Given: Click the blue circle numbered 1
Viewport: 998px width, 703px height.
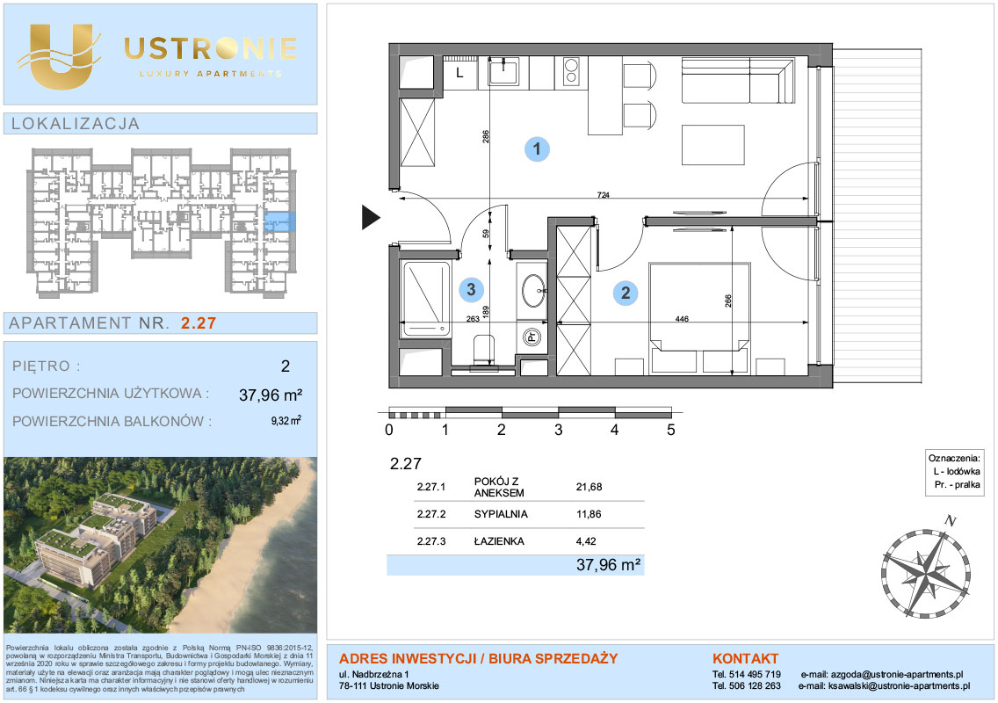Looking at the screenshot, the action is tap(537, 149).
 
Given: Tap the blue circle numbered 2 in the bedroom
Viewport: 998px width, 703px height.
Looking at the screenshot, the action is tap(625, 293).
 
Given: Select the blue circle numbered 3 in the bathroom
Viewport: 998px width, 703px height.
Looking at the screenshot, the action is tap(471, 290).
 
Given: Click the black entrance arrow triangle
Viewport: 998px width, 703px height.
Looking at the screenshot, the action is tap(371, 217).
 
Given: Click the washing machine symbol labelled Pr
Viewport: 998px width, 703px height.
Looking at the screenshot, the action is tap(532, 337).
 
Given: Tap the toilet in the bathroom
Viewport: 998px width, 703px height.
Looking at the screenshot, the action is tap(484, 351).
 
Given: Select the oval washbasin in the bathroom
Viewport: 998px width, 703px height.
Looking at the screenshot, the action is tap(533, 290).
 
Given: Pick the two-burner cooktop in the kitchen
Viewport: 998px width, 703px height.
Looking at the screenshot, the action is tap(570, 72).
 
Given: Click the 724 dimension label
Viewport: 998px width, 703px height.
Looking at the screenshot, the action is tap(603, 195).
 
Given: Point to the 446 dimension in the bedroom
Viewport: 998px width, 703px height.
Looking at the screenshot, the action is tap(682, 318).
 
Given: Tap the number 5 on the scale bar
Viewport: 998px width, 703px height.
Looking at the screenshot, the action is tap(671, 430).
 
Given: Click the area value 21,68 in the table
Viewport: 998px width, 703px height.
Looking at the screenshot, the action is tap(589, 487).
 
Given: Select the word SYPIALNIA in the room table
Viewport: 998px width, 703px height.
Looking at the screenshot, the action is tap(501, 514).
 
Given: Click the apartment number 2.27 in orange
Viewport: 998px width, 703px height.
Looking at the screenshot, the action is tap(199, 323).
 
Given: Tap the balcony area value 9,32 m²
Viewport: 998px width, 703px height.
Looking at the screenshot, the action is tap(286, 421).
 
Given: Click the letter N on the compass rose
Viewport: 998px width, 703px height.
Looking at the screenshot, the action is tap(951, 521).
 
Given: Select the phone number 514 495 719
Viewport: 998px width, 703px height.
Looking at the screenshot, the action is tap(755, 674).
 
